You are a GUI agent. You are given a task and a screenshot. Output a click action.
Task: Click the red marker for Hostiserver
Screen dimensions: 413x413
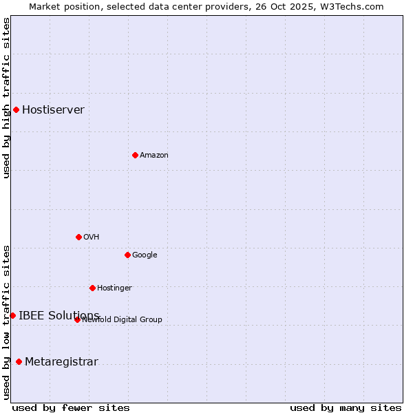pyautogui.click(x=16, y=109)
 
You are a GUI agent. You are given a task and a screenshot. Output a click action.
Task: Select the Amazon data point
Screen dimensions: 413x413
pyautogui.click(x=135, y=155)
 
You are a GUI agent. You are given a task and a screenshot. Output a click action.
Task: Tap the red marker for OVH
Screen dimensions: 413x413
pyautogui.click(x=78, y=237)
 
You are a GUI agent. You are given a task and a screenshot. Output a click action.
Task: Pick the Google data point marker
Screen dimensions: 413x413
pyautogui.click(x=127, y=255)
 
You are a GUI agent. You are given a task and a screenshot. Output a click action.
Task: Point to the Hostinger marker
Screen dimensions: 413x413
pyautogui.click(x=92, y=288)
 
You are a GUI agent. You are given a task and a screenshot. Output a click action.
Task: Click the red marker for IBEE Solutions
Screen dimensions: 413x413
pyautogui.click(x=12, y=315)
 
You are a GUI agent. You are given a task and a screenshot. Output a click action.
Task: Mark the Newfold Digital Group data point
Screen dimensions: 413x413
pyautogui.click(x=77, y=319)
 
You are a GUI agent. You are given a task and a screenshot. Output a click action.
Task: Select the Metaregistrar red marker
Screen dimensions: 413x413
pyautogui.click(x=19, y=361)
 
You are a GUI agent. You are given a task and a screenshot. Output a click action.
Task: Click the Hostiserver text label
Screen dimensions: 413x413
pyautogui.click(x=53, y=109)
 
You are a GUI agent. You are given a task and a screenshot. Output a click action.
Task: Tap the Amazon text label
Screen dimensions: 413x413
pyautogui.click(x=154, y=155)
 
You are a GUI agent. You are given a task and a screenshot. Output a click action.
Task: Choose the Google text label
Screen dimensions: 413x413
pyautogui.click(x=145, y=255)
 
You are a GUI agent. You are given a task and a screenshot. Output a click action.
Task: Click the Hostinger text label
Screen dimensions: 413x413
pyautogui.click(x=114, y=288)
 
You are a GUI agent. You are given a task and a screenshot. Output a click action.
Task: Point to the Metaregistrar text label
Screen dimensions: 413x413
pyautogui.click(x=61, y=361)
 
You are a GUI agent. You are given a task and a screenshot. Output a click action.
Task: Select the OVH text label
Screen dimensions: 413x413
pyautogui.click(x=92, y=237)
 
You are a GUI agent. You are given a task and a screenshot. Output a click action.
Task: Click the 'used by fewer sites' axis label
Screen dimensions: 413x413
pyautogui.click(x=71, y=407)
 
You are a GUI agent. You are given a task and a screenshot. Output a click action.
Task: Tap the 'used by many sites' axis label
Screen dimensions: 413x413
pyautogui.click(x=346, y=407)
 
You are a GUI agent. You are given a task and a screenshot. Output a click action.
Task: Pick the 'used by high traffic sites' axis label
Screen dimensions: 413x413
pyautogui.click(x=6, y=98)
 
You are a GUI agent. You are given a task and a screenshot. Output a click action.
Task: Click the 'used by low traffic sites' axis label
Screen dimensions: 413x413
pyautogui.click(x=6, y=322)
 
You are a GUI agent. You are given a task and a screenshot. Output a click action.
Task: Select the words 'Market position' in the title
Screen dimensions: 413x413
pyautogui.click(x=61, y=6)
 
